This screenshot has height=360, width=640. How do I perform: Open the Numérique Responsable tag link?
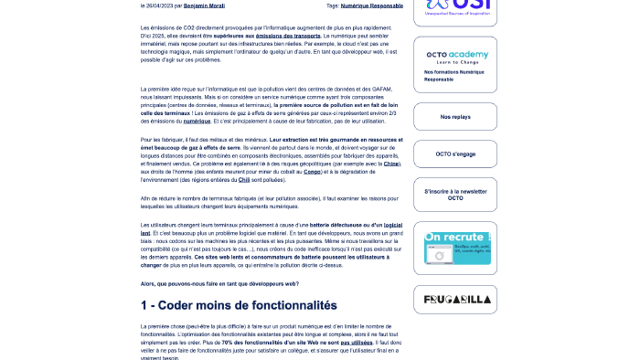coord(371,5)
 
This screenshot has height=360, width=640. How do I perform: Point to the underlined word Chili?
coord(246,179)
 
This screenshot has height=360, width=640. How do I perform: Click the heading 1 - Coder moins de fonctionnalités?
coord(239,305)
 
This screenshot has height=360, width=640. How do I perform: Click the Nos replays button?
coord(454,117)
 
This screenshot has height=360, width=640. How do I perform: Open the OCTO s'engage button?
coord(454,154)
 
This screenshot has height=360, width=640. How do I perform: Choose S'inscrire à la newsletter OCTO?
coord(454,195)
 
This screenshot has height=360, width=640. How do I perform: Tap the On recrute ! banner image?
coord(454,248)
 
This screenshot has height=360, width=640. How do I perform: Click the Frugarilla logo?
coord(454,300)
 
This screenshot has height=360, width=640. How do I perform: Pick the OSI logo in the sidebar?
coord(454,7)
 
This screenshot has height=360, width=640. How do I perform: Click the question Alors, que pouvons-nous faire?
coord(219,283)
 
